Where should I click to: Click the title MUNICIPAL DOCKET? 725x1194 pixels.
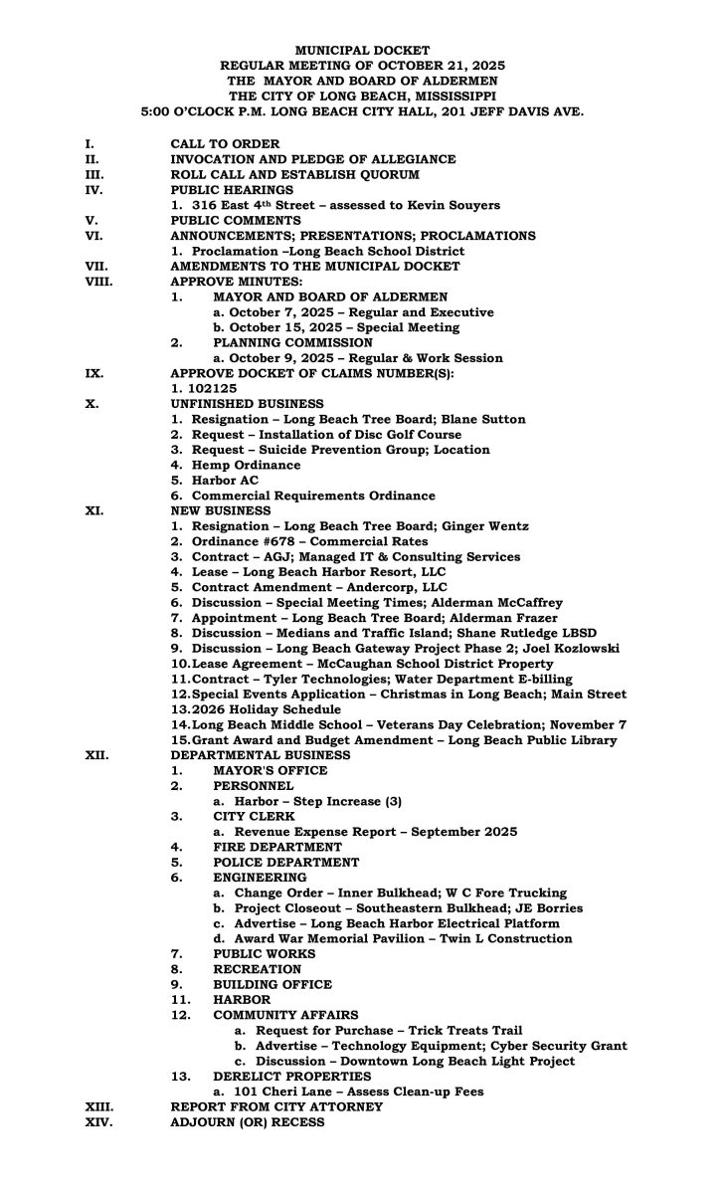[x=362, y=49]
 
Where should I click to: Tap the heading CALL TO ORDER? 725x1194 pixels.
[x=225, y=144]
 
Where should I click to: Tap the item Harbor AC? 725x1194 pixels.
[x=228, y=480]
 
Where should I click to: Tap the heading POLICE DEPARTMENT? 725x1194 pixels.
[x=285, y=862]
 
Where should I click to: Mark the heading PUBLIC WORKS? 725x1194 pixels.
[x=264, y=953]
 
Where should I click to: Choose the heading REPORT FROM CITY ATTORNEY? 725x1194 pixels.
[x=276, y=1106]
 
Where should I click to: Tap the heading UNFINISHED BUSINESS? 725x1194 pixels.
[x=247, y=403]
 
